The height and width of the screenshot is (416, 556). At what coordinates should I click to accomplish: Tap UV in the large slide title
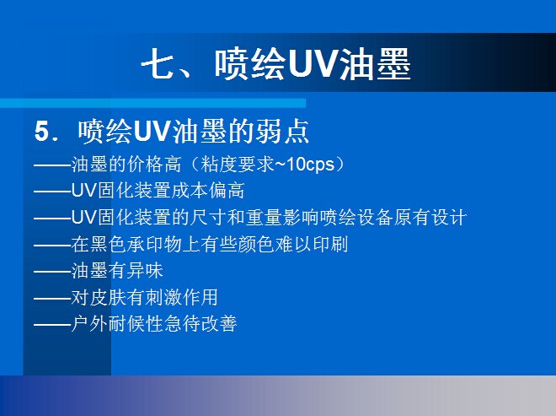pyautogui.click(x=313, y=63)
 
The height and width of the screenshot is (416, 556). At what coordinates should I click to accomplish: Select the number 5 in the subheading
pyautogui.click(x=41, y=132)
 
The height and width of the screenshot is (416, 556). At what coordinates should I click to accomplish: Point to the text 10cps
pyautogui.click(x=310, y=165)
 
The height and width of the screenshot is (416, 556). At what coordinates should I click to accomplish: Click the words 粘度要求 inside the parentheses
pyautogui.click(x=238, y=165)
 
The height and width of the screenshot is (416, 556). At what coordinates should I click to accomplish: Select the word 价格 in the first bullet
pyautogui.click(x=145, y=165)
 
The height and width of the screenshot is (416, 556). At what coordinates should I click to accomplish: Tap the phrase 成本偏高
pyautogui.click(x=208, y=191)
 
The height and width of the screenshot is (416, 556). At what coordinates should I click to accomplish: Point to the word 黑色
pyautogui.click(x=108, y=244)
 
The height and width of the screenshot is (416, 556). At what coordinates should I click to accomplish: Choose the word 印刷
pyautogui.click(x=329, y=244)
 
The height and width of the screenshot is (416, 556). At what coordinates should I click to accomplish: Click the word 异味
pyautogui.click(x=145, y=270)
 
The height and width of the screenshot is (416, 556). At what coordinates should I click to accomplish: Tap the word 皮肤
pyautogui.click(x=108, y=297)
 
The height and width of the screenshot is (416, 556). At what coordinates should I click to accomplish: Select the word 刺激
pyautogui.click(x=163, y=297)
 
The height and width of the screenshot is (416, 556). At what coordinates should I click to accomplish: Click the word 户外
pyautogui.click(x=89, y=324)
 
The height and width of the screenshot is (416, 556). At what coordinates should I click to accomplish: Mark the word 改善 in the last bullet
pyautogui.click(x=219, y=324)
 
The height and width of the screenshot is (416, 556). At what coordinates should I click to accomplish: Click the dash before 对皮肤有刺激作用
pyautogui.click(x=52, y=299)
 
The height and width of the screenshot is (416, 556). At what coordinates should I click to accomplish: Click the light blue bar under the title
pyautogui.click(x=152, y=103)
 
